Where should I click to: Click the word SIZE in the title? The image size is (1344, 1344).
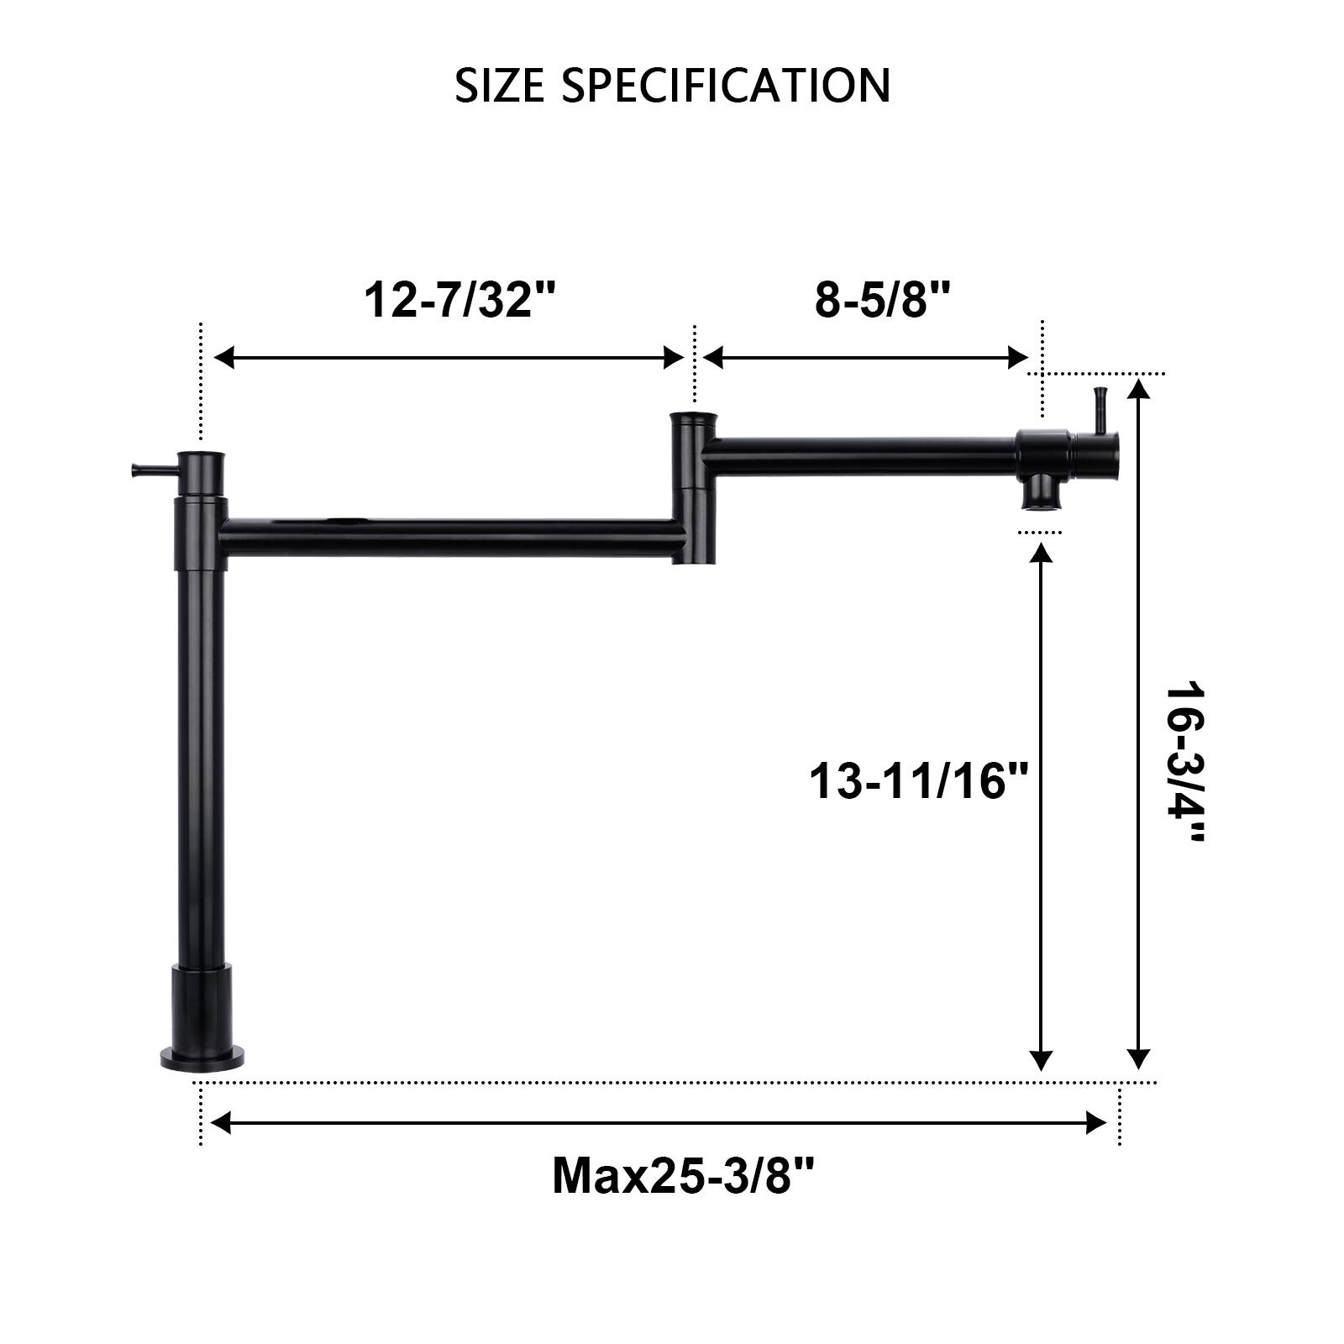(x=499, y=86)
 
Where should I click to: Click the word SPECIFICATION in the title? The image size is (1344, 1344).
(x=726, y=86)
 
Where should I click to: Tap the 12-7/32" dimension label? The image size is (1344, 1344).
(x=460, y=299)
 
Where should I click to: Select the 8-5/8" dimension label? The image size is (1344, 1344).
(x=882, y=299)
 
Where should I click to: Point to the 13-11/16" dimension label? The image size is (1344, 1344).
(x=919, y=781)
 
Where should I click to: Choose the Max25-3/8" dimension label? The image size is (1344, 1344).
(x=683, y=1175)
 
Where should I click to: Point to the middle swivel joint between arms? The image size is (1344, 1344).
(x=693, y=487)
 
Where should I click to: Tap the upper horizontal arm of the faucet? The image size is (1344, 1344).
(x=857, y=455)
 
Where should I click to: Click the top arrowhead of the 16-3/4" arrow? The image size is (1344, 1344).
(x=1138, y=390)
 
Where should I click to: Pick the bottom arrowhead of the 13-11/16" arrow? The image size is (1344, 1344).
(x=1042, y=1061)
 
